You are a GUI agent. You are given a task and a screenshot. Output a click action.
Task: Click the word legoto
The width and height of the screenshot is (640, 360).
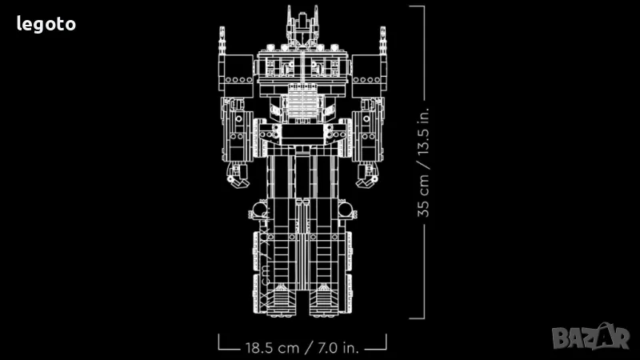click(46, 25)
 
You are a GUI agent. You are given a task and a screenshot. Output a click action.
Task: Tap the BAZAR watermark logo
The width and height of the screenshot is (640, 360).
click(590, 337)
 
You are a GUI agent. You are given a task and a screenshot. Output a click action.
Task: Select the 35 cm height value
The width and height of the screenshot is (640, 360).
click(423, 196)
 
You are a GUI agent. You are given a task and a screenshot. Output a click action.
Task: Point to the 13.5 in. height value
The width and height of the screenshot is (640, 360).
click(423, 131)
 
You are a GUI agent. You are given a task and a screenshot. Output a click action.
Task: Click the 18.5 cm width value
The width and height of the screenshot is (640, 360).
click(272, 348)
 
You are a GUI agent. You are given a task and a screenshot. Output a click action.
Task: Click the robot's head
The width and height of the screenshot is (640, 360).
click(302, 26)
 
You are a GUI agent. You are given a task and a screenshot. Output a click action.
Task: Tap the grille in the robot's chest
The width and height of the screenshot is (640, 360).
click(302, 102)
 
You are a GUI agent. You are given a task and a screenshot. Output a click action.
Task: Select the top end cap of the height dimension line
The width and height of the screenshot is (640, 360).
click(417, 6)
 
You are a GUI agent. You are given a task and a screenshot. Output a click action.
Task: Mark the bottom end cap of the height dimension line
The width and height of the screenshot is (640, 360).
click(417, 318)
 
